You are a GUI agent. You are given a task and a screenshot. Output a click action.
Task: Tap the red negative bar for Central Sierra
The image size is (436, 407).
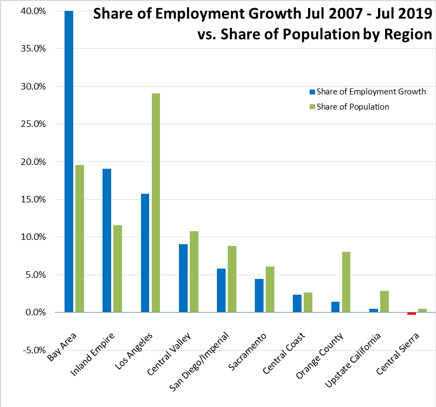click(412, 314)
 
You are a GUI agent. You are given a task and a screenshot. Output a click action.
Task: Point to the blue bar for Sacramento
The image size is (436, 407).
click(259, 296)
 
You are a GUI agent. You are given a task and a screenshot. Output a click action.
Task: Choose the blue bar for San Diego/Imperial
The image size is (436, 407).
click(221, 290)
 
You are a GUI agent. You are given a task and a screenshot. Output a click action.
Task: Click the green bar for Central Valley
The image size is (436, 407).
click(194, 272)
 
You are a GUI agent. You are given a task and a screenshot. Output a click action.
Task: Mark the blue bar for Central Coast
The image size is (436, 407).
click(297, 303)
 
